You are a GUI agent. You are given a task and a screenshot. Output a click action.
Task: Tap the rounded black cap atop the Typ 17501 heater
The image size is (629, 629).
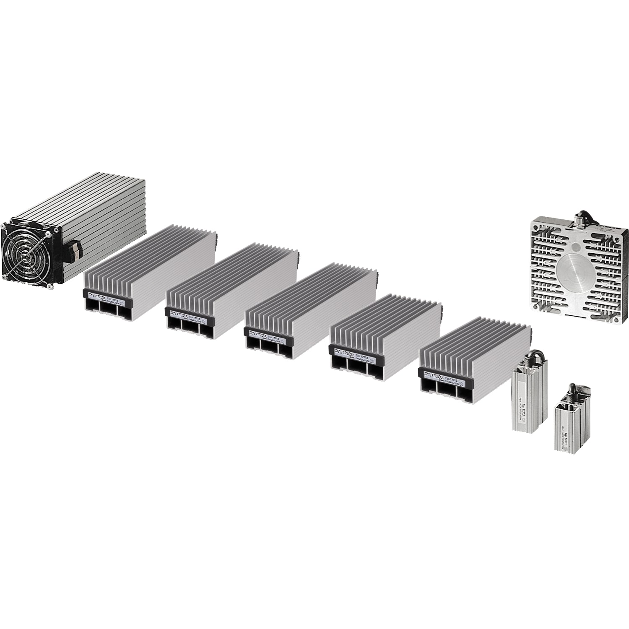point(571,388)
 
